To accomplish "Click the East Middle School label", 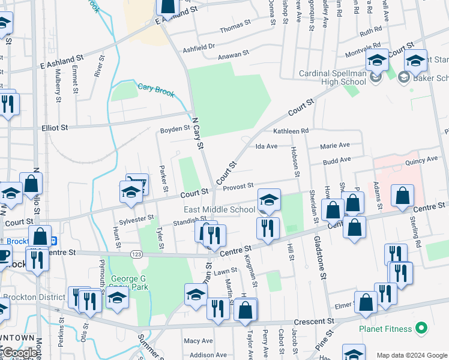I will point(219,209).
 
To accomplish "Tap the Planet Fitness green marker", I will point(421,329).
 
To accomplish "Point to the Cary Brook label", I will point(155,88).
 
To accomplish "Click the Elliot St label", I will point(55,128).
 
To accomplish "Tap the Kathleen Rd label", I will point(291,130).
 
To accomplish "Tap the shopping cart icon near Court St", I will point(137,182).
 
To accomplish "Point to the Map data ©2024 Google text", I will point(412,355).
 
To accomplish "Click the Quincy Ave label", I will point(421,160).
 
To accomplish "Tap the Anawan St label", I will point(234,54).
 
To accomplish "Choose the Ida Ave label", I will point(267,146).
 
